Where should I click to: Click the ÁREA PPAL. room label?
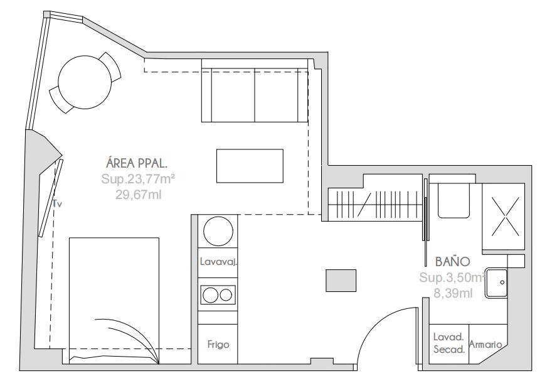click(136, 163)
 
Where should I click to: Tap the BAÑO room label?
click(452, 261)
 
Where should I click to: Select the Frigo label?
click(218, 344)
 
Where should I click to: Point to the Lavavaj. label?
click(218, 262)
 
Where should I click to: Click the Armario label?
click(486, 344)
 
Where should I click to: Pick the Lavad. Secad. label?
click(449, 343)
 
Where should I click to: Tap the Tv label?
click(57, 203)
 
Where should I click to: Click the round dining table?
click(85, 82)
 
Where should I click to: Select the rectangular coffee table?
click(250, 166)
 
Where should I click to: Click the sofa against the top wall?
click(255, 90)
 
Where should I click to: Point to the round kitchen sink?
click(218, 231)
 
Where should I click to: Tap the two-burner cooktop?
click(218, 295)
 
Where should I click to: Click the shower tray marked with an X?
click(503, 217)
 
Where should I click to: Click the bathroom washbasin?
click(496, 283)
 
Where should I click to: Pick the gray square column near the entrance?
click(341, 281)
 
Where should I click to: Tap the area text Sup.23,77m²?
click(138, 179)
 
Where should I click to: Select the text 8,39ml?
click(453, 293)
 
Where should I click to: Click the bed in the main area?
click(114, 301)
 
